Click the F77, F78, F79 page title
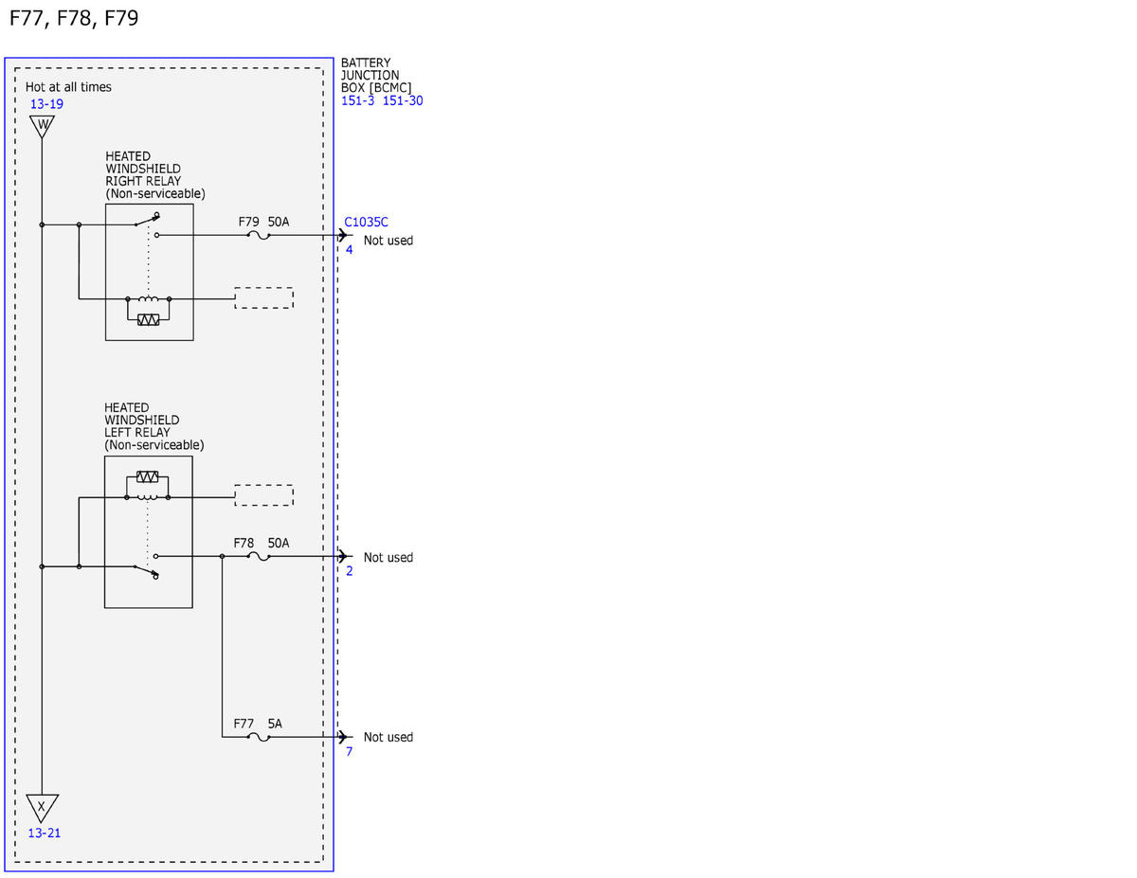[x=74, y=18]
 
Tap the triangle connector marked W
[x=43, y=126]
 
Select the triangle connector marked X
[x=42, y=808]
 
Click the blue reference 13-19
[x=46, y=104]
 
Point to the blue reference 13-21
[x=45, y=833]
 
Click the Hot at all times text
[x=68, y=87]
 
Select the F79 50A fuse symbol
[x=259, y=236]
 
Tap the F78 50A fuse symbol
[x=259, y=557]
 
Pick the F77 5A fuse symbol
[x=259, y=737]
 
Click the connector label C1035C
[x=366, y=223]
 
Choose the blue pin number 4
[x=349, y=250]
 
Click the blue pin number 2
[x=349, y=571]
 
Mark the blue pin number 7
[x=349, y=751]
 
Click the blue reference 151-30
[x=403, y=101]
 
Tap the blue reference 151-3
[x=357, y=101]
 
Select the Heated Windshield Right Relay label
[x=155, y=175]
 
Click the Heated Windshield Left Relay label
[x=153, y=426]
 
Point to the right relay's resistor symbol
[x=149, y=320]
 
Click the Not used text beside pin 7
[x=388, y=737]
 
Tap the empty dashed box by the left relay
[x=263, y=495]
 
